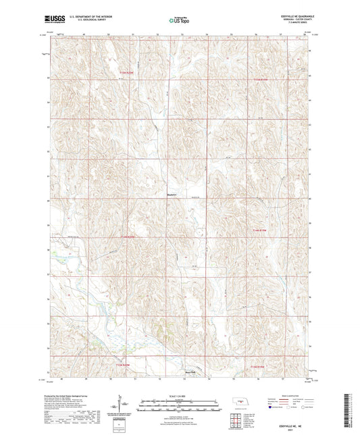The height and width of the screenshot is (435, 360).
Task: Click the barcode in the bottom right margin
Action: click(350, 412)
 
